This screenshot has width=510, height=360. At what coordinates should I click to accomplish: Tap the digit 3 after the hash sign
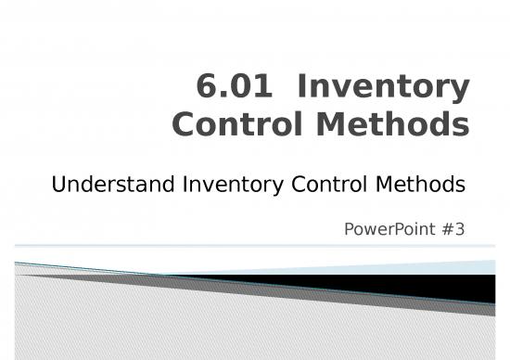pyautogui.click(x=460, y=226)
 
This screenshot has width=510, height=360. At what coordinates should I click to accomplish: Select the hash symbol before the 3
pyautogui.click(x=448, y=226)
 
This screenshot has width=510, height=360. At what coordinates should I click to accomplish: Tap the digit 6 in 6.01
pyautogui.click(x=208, y=88)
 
